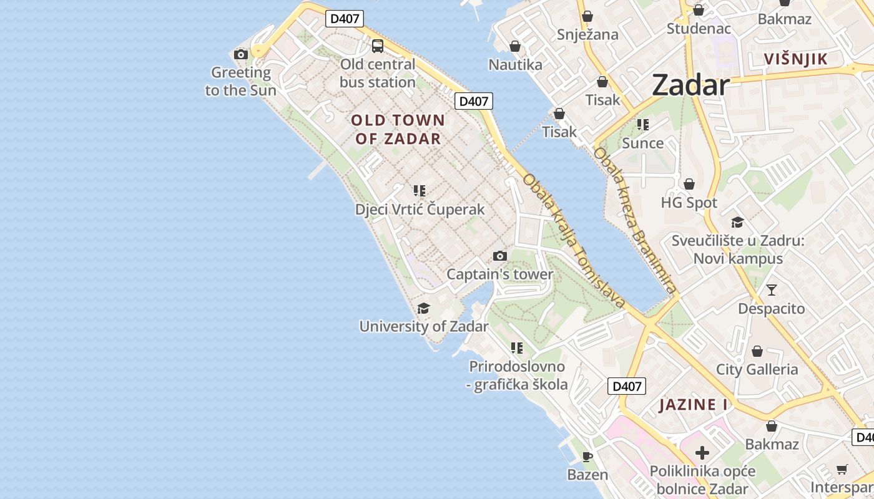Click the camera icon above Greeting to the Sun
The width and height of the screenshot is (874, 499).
pyautogui.click(x=241, y=54)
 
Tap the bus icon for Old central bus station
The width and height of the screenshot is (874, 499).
pyautogui.click(x=378, y=46)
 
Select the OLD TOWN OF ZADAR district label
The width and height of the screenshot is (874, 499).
pyautogui.click(x=398, y=129)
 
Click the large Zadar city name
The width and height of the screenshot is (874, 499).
pyautogui.click(x=690, y=85)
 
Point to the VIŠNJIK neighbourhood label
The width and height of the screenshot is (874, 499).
pyautogui.click(x=796, y=59)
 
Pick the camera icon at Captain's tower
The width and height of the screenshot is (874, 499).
pyautogui.click(x=499, y=256)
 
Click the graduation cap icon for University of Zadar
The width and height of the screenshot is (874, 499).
pyautogui.click(x=423, y=308)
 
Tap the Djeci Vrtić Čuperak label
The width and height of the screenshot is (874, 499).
pyautogui.click(x=420, y=210)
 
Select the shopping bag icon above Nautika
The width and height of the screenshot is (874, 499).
pyautogui.click(x=515, y=46)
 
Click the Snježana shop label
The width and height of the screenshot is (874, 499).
pyautogui.click(x=587, y=34)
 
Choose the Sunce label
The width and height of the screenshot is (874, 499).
pyautogui.click(x=643, y=143)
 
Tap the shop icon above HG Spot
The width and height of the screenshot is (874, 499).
pyautogui.click(x=689, y=184)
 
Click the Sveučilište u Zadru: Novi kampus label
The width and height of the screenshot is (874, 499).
pyautogui.click(x=737, y=249)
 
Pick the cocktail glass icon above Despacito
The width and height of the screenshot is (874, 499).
pyautogui.click(x=772, y=289)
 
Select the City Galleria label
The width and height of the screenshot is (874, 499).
pyautogui.click(x=757, y=369)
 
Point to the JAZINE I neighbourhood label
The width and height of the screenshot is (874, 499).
pyautogui.click(x=694, y=405)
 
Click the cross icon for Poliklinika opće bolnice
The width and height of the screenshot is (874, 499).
pyautogui.click(x=702, y=453)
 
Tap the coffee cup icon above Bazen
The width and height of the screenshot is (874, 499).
pyautogui.click(x=587, y=457)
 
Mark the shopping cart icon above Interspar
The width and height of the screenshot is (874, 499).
pyautogui.click(x=842, y=469)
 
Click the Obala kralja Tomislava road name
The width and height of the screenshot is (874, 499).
pyautogui.click(x=574, y=241)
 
